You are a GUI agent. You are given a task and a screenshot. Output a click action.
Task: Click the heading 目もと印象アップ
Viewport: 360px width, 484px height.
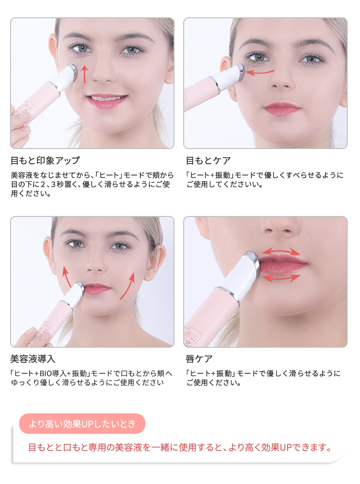pyautogui.click(x=45, y=160)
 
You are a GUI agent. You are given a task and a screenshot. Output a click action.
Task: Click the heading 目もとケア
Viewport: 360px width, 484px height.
pyautogui.click(x=208, y=160)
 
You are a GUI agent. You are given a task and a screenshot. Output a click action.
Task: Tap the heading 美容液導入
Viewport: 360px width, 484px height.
pyautogui.click(x=33, y=359)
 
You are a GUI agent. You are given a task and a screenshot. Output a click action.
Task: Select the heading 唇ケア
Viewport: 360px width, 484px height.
pyautogui.click(x=199, y=359)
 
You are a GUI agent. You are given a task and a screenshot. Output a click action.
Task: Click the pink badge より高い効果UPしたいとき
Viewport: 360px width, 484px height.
pyautogui.click(x=82, y=424)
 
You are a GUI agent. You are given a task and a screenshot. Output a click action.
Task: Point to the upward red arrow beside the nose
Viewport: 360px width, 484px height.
pyautogui.click(x=84, y=74)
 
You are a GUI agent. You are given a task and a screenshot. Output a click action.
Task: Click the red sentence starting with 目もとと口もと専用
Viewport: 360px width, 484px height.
pyautogui.click(x=179, y=447)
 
